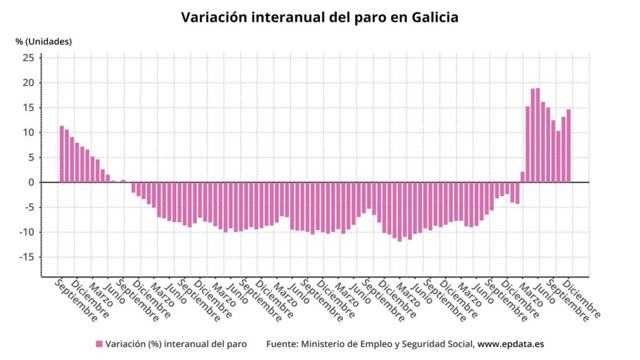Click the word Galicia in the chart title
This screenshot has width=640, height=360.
(434, 17)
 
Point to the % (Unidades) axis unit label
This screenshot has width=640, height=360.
(44, 42)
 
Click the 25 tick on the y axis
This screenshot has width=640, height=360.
(28, 58)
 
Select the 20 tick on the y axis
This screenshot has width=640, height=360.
(28, 82)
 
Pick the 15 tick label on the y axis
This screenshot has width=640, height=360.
(28, 107)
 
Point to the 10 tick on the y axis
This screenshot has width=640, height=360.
(28, 132)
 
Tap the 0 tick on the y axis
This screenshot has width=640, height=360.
(31, 182)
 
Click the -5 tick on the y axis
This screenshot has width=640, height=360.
(27, 207)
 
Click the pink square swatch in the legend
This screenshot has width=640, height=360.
(99, 344)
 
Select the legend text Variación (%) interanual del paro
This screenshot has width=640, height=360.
(176, 344)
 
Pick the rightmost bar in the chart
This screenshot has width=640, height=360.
(569, 146)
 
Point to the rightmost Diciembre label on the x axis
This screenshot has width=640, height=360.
(583, 298)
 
